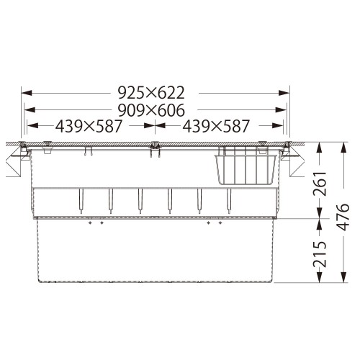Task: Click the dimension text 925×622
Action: (151, 93)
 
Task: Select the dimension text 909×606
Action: (151, 110)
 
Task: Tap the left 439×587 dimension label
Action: (89, 126)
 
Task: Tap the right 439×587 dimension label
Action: (216, 126)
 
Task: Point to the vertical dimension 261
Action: (320, 184)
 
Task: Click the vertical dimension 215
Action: (320, 254)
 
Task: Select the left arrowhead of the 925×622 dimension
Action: (27, 93)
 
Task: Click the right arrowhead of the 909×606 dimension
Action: (281, 110)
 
